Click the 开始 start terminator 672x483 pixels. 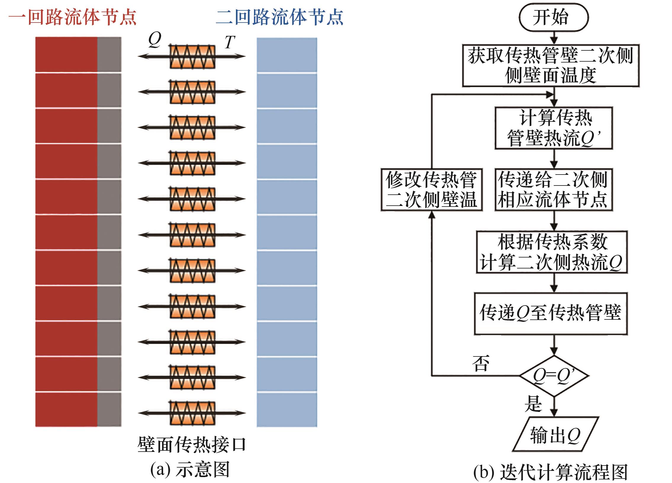(553, 17)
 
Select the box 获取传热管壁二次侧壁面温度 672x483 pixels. (551, 65)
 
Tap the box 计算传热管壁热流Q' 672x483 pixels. (554, 128)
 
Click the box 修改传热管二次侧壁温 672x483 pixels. (431, 190)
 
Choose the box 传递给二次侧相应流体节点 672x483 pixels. (554, 190)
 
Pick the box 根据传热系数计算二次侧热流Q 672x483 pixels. (552, 252)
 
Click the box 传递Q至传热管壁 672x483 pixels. (551, 314)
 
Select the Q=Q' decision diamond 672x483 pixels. (554, 376)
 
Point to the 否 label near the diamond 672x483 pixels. (480, 363)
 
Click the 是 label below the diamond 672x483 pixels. (533, 404)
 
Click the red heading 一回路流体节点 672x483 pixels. (73, 17)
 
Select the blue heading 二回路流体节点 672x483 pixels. (280, 17)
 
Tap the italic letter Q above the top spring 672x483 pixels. (155, 40)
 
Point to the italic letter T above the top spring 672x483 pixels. (230, 42)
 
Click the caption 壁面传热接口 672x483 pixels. (192, 444)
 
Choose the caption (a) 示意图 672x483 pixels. (190, 469)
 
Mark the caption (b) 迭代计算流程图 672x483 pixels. (550, 472)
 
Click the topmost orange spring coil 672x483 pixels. (192, 56)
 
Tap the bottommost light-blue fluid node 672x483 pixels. (287, 410)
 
